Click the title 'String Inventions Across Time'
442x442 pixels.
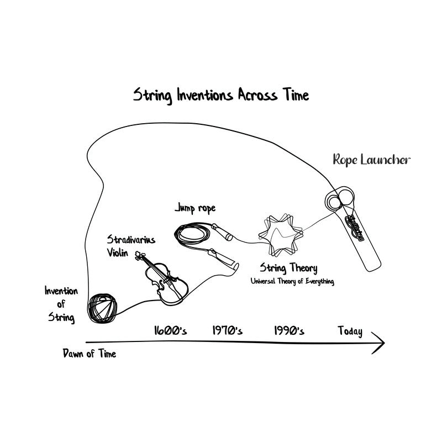coord(221,95)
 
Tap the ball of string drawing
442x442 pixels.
coord(104,307)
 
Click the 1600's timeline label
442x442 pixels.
coord(170,331)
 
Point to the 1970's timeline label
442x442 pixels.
coord(228,331)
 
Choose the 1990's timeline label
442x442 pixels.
coord(289,331)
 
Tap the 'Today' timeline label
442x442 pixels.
coord(350,331)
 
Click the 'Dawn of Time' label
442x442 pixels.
coord(90,354)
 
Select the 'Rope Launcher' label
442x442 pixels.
coord(371,160)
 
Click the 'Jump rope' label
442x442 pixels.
coord(195,208)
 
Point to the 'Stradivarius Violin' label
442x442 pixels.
coord(130,245)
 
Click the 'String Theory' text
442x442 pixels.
coord(288,269)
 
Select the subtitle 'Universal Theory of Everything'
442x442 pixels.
coord(292,281)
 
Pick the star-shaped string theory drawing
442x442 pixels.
coord(282,232)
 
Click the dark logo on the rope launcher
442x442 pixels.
coord(354,228)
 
